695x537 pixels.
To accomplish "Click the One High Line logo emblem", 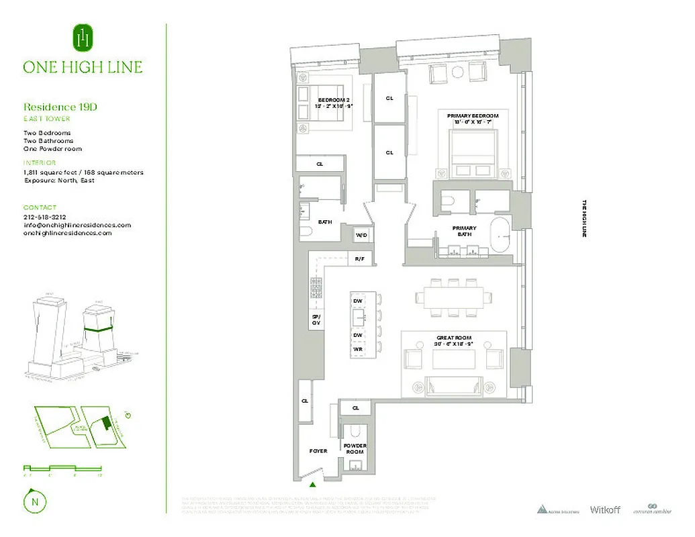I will pos(83,38).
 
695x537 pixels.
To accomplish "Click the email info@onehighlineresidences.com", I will pos(77,225).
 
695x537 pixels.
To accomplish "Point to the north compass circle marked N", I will pos(32,501).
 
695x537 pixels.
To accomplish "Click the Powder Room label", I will pos(355,448).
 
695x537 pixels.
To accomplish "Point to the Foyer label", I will pos(318,450).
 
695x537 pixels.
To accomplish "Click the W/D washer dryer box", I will pos(361,234).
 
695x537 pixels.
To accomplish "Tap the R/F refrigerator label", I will pos(360,258).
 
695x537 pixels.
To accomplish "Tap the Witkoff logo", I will pos(604,509).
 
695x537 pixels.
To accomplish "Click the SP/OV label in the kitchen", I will pos(316,320).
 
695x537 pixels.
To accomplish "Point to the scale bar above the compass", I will pos(62,468).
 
